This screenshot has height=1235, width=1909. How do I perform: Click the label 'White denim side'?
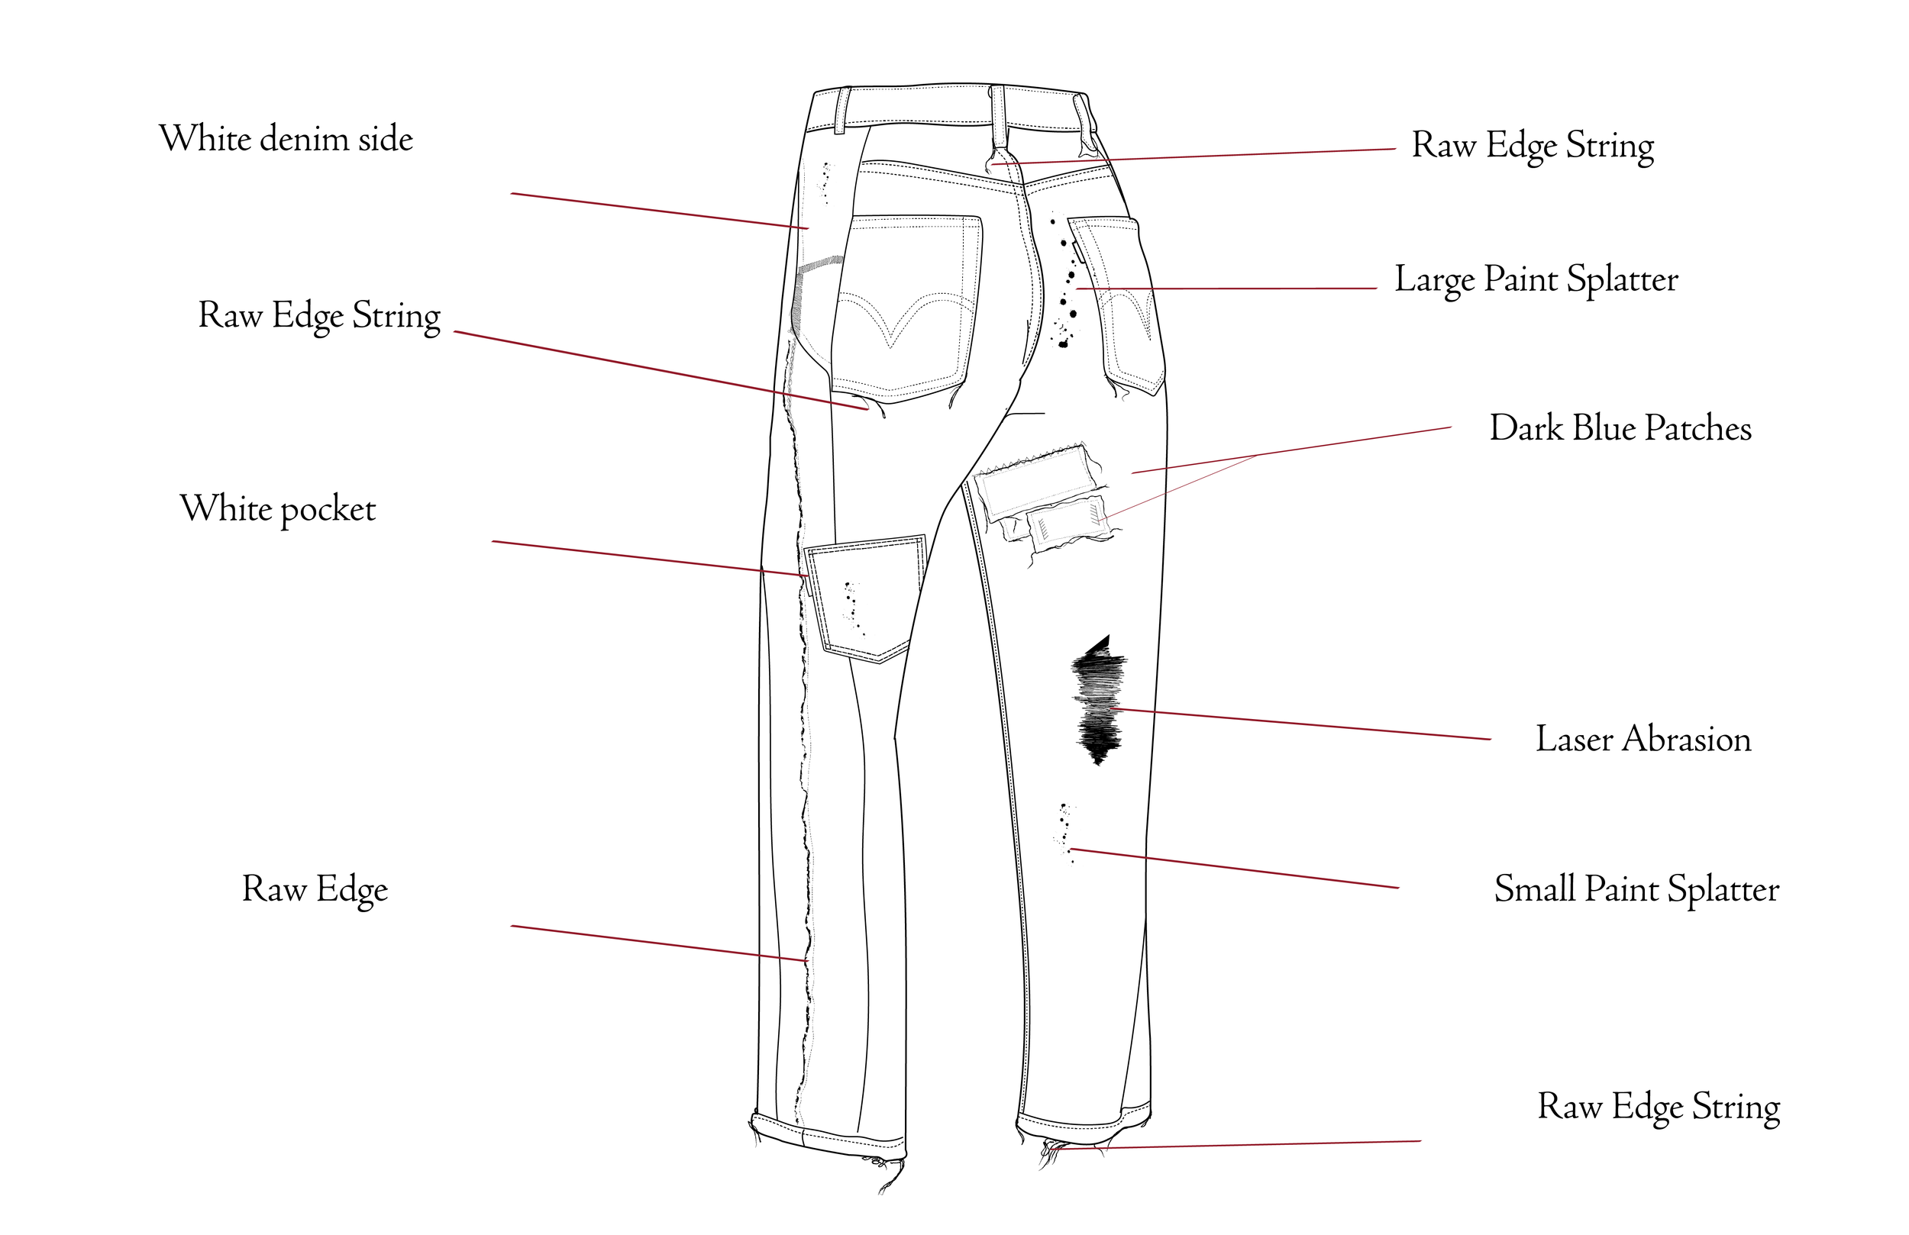pos(286,139)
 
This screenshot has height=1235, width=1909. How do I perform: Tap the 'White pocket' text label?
pos(277,508)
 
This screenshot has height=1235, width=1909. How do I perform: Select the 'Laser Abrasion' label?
pos(1643,739)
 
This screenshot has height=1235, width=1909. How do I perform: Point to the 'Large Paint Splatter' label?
pos(1536,280)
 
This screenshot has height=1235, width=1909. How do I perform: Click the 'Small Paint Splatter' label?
pos(1636,889)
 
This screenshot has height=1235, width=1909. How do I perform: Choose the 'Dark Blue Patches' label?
pos(1620,427)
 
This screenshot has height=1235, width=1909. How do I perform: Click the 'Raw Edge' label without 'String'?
pos(315,889)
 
